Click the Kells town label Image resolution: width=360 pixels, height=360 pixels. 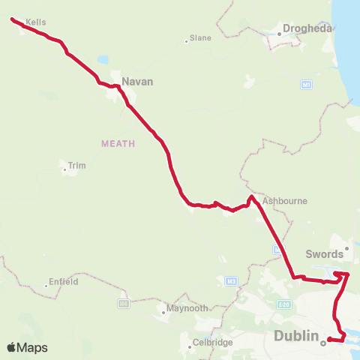35,22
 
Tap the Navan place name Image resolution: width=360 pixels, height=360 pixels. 138,81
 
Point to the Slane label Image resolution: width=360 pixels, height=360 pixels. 200,37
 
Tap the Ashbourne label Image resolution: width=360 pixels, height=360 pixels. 285,201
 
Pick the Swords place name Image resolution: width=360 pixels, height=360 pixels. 324,254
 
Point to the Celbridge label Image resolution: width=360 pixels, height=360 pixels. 212,342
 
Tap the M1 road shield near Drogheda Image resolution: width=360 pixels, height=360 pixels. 306,85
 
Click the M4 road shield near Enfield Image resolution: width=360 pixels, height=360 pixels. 123,303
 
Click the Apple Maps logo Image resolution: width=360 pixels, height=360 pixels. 28,347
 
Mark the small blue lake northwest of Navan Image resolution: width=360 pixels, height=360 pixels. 102,59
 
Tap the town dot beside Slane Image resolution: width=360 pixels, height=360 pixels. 186,40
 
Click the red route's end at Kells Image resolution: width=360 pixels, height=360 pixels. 13,20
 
